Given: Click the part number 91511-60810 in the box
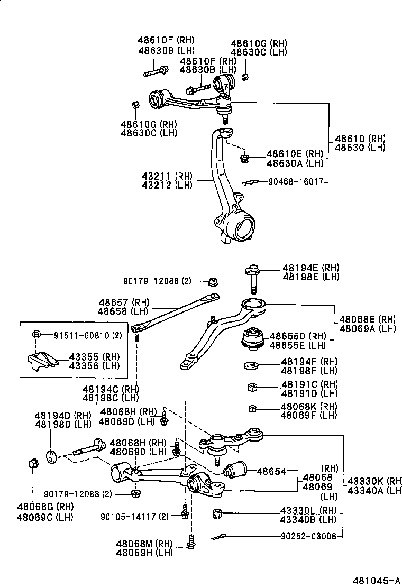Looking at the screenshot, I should click(x=82, y=335).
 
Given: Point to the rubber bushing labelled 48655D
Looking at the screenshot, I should click(x=253, y=339).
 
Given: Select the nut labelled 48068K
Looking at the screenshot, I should click(x=253, y=408).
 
